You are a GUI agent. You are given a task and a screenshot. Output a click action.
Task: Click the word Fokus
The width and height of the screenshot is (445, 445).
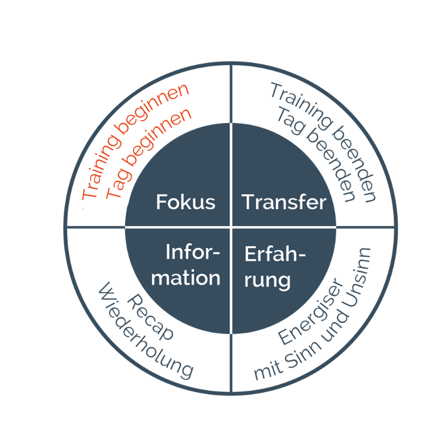click(186, 202)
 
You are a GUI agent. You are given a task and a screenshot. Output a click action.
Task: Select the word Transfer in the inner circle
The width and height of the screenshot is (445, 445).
click(284, 202)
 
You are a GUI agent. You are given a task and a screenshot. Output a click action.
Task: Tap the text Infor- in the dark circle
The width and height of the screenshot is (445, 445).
click(192, 252)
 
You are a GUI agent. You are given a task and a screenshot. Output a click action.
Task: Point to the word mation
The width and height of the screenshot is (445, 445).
click(186, 278)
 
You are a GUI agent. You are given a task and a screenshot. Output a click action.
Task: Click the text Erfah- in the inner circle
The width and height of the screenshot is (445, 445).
click(275, 254)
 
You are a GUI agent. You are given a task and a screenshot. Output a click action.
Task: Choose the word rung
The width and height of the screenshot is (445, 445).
click(268, 280)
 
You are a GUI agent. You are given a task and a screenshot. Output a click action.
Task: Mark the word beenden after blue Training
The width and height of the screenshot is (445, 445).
click(354, 164)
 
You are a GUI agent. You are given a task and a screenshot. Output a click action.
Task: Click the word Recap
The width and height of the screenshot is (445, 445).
click(150, 317)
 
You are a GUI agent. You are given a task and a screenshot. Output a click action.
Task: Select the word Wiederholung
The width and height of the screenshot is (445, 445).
click(146, 330)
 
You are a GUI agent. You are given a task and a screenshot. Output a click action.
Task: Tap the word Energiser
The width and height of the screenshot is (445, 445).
click(310, 311)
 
